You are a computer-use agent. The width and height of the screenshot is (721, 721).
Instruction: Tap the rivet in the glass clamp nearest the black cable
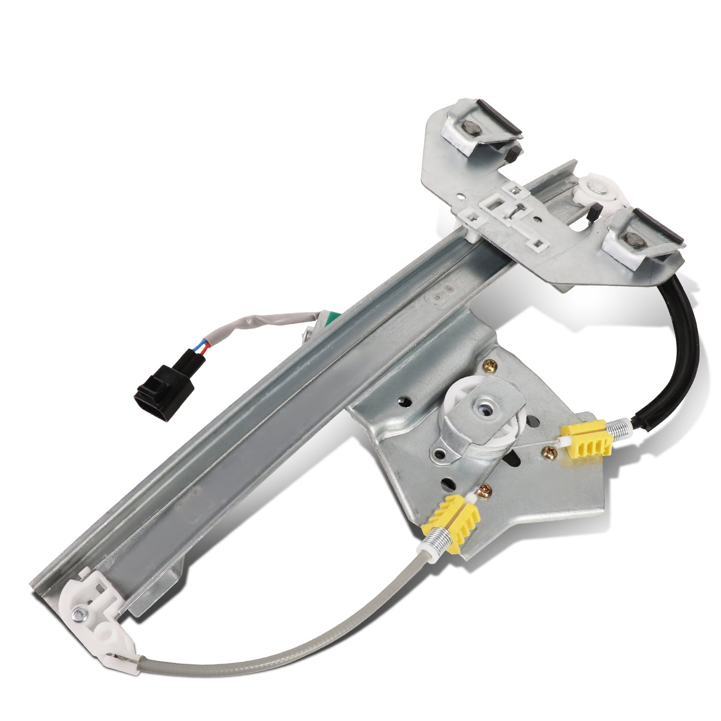pyautogui.click(x=635, y=239)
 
